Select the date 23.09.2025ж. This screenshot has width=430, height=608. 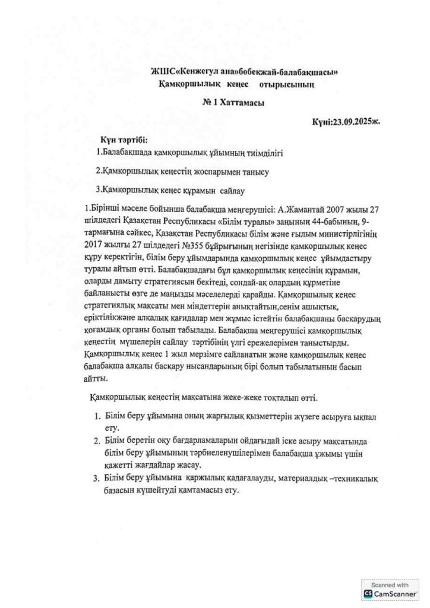354,121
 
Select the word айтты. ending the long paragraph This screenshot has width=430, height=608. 96,378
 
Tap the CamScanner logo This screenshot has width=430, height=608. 390,592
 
